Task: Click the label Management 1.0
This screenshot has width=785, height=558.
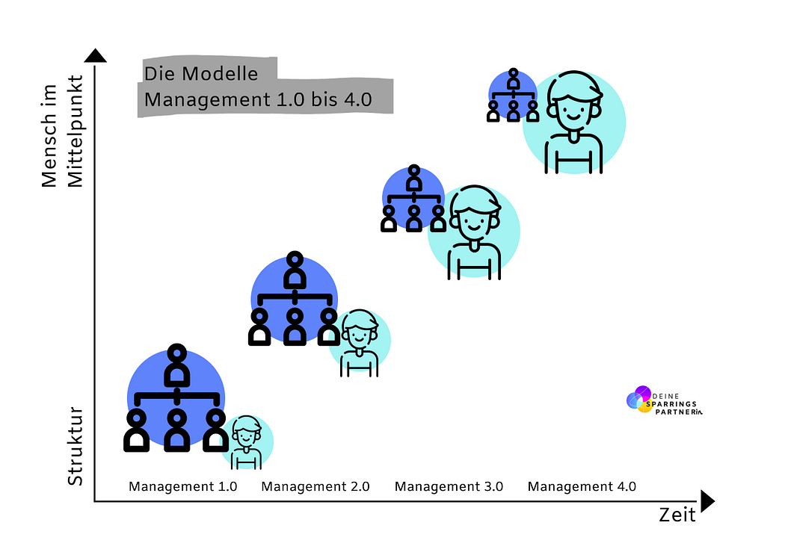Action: (x=182, y=486)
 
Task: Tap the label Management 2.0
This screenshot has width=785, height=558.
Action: (x=315, y=486)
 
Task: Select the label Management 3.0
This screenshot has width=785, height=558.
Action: (x=449, y=486)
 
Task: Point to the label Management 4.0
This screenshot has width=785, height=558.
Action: (x=582, y=486)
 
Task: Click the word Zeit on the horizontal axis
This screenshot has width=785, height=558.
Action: (x=677, y=515)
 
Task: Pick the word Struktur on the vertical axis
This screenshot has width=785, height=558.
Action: (x=75, y=446)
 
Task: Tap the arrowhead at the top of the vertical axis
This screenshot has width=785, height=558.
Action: (x=95, y=55)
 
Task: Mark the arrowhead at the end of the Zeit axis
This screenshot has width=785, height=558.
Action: (x=706, y=501)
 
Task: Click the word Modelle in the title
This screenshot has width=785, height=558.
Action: (x=222, y=75)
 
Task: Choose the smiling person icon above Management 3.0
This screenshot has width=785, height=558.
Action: (x=474, y=231)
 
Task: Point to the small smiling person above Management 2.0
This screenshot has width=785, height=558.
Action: (x=360, y=341)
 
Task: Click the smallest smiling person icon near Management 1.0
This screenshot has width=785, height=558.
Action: (x=246, y=441)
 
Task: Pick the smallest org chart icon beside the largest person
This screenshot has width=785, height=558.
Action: (x=513, y=95)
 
